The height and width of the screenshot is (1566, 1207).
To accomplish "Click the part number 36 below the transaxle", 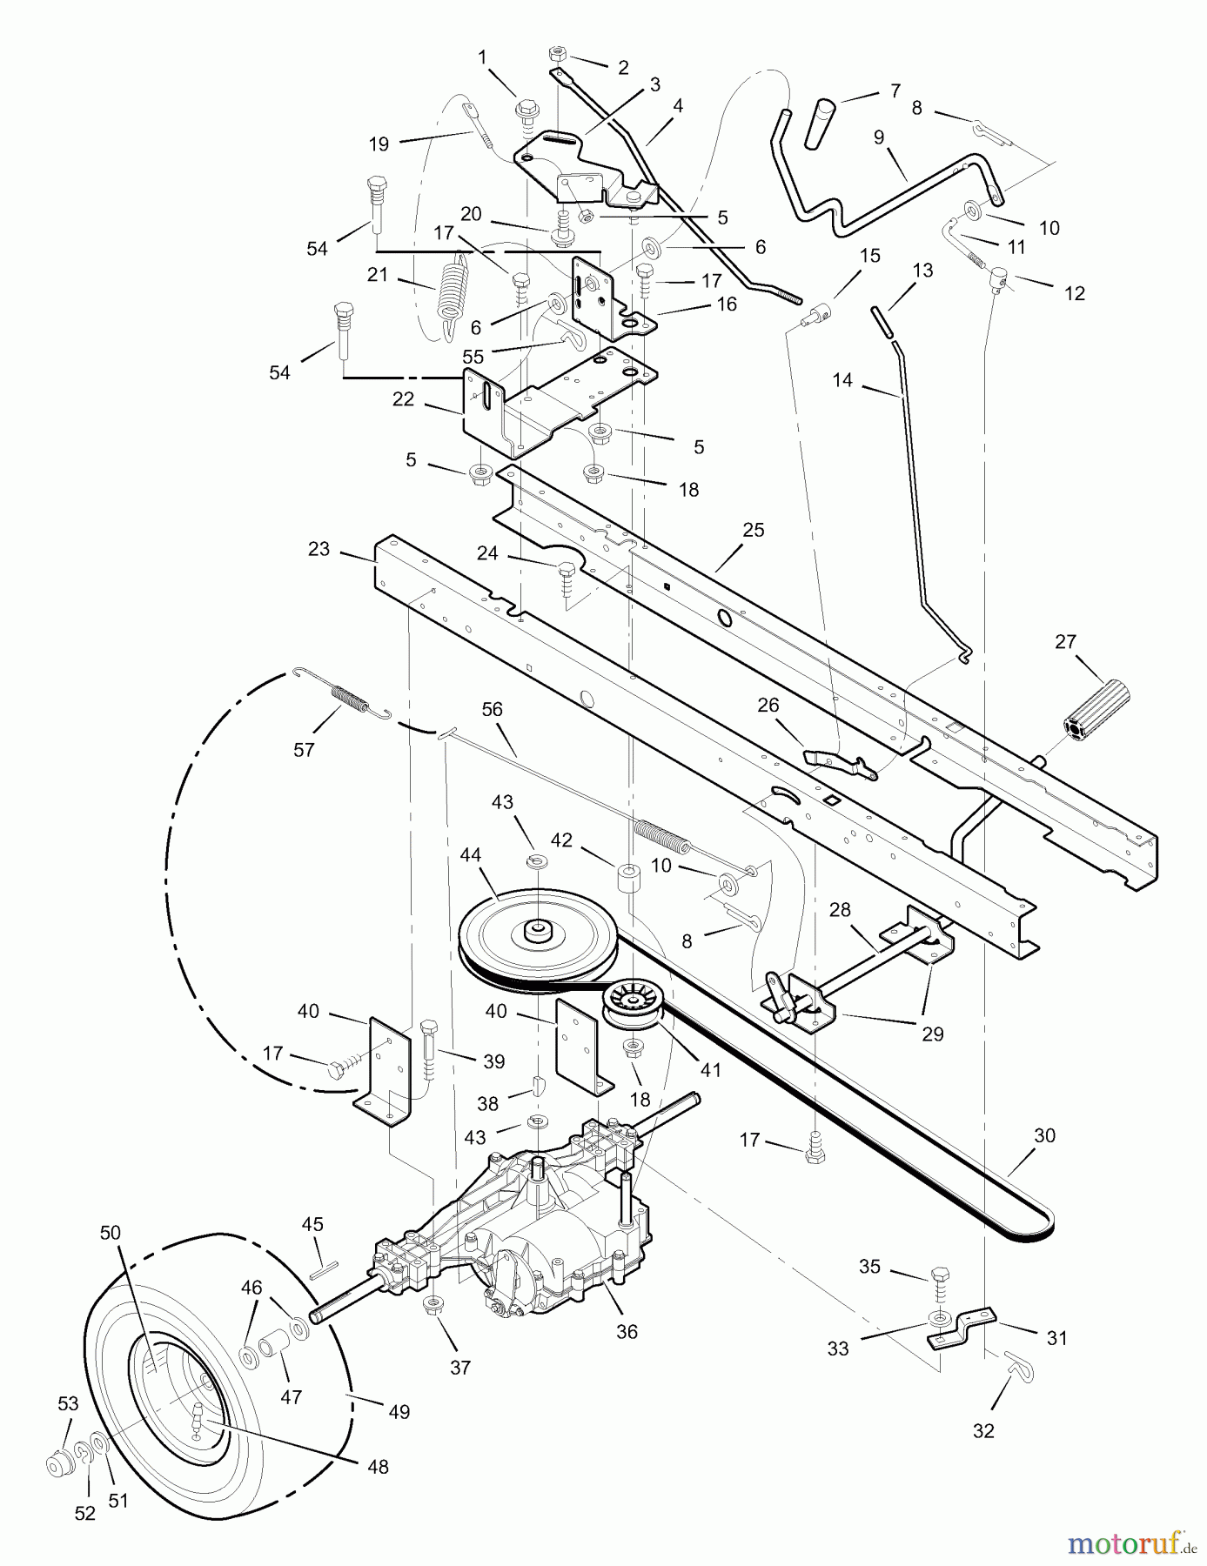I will (x=627, y=1332).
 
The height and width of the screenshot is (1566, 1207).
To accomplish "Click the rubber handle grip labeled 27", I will (x=1096, y=708).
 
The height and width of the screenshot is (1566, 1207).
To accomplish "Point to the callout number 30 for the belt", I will (x=1044, y=1135).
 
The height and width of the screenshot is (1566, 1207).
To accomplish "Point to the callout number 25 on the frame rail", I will (x=753, y=530).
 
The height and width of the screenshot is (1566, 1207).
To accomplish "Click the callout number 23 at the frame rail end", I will (x=319, y=549).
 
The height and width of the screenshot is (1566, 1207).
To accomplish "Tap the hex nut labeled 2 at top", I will (x=555, y=56).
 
